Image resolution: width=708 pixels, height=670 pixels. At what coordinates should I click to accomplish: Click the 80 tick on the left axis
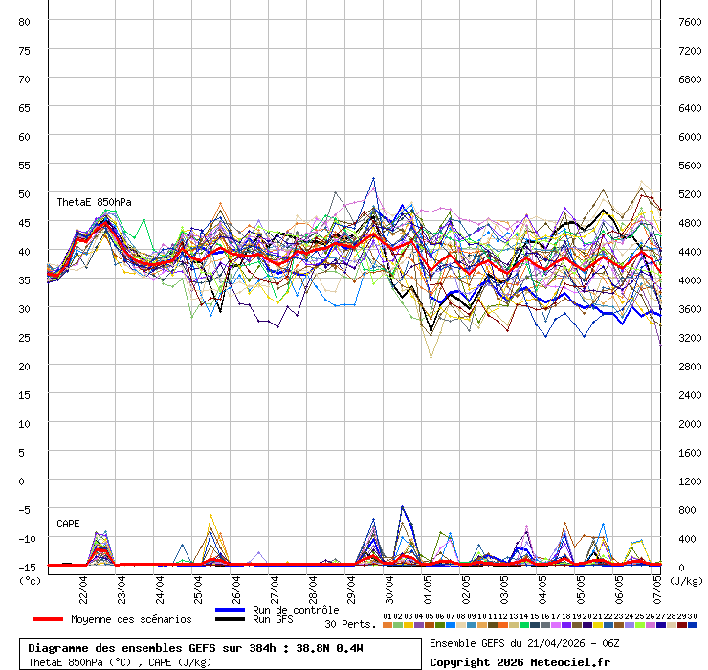click(x=26, y=21)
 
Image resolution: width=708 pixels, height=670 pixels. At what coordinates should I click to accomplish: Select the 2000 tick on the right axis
click(x=688, y=423)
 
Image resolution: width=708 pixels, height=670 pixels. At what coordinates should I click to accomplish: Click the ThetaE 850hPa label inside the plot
click(x=94, y=202)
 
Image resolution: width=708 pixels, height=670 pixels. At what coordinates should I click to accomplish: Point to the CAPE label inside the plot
click(x=68, y=524)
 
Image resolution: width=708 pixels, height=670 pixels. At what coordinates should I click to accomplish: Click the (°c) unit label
click(x=30, y=579)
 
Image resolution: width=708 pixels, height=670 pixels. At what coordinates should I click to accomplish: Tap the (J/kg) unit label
click(x=685, y=579)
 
